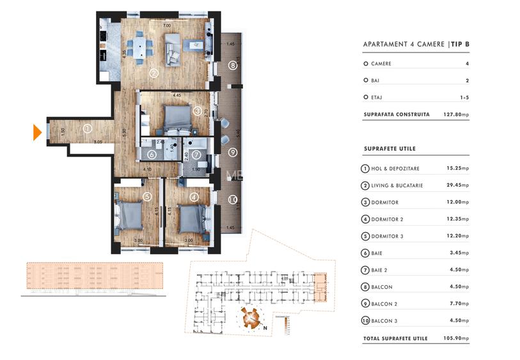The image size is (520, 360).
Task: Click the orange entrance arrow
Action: tap(37, 132)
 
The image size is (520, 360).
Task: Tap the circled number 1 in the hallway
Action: tap(87, 129)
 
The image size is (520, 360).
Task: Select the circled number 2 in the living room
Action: tap(154, 73)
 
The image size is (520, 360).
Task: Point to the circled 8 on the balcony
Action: tap(233, 65)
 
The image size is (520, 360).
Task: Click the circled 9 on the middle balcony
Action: tap(233, 152)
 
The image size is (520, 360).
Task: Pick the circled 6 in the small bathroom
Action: tap(152, 154)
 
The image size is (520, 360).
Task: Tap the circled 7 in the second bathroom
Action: tap(196, 154)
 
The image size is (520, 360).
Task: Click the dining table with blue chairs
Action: tap(139, 46)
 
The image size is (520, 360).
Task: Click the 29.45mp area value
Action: tap(457, 185)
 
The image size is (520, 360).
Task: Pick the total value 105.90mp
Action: tap(457, 338)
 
